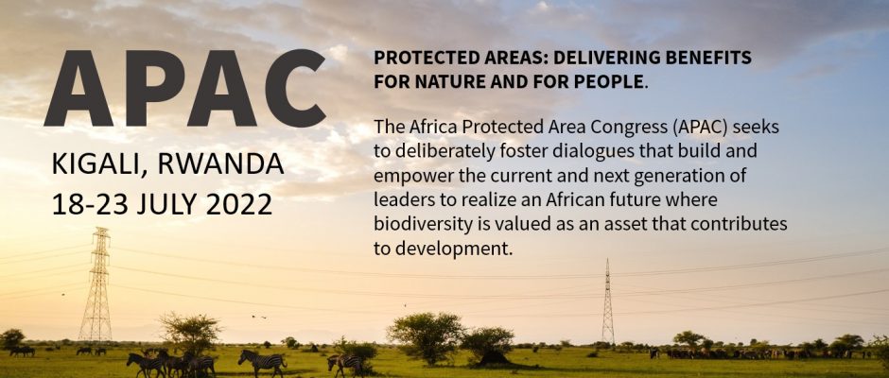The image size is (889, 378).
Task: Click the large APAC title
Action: coord(184,89)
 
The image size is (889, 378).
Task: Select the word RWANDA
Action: coord(221,163)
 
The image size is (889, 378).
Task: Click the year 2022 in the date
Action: coord(238,204)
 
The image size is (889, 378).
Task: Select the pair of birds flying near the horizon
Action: coord(259,317)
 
